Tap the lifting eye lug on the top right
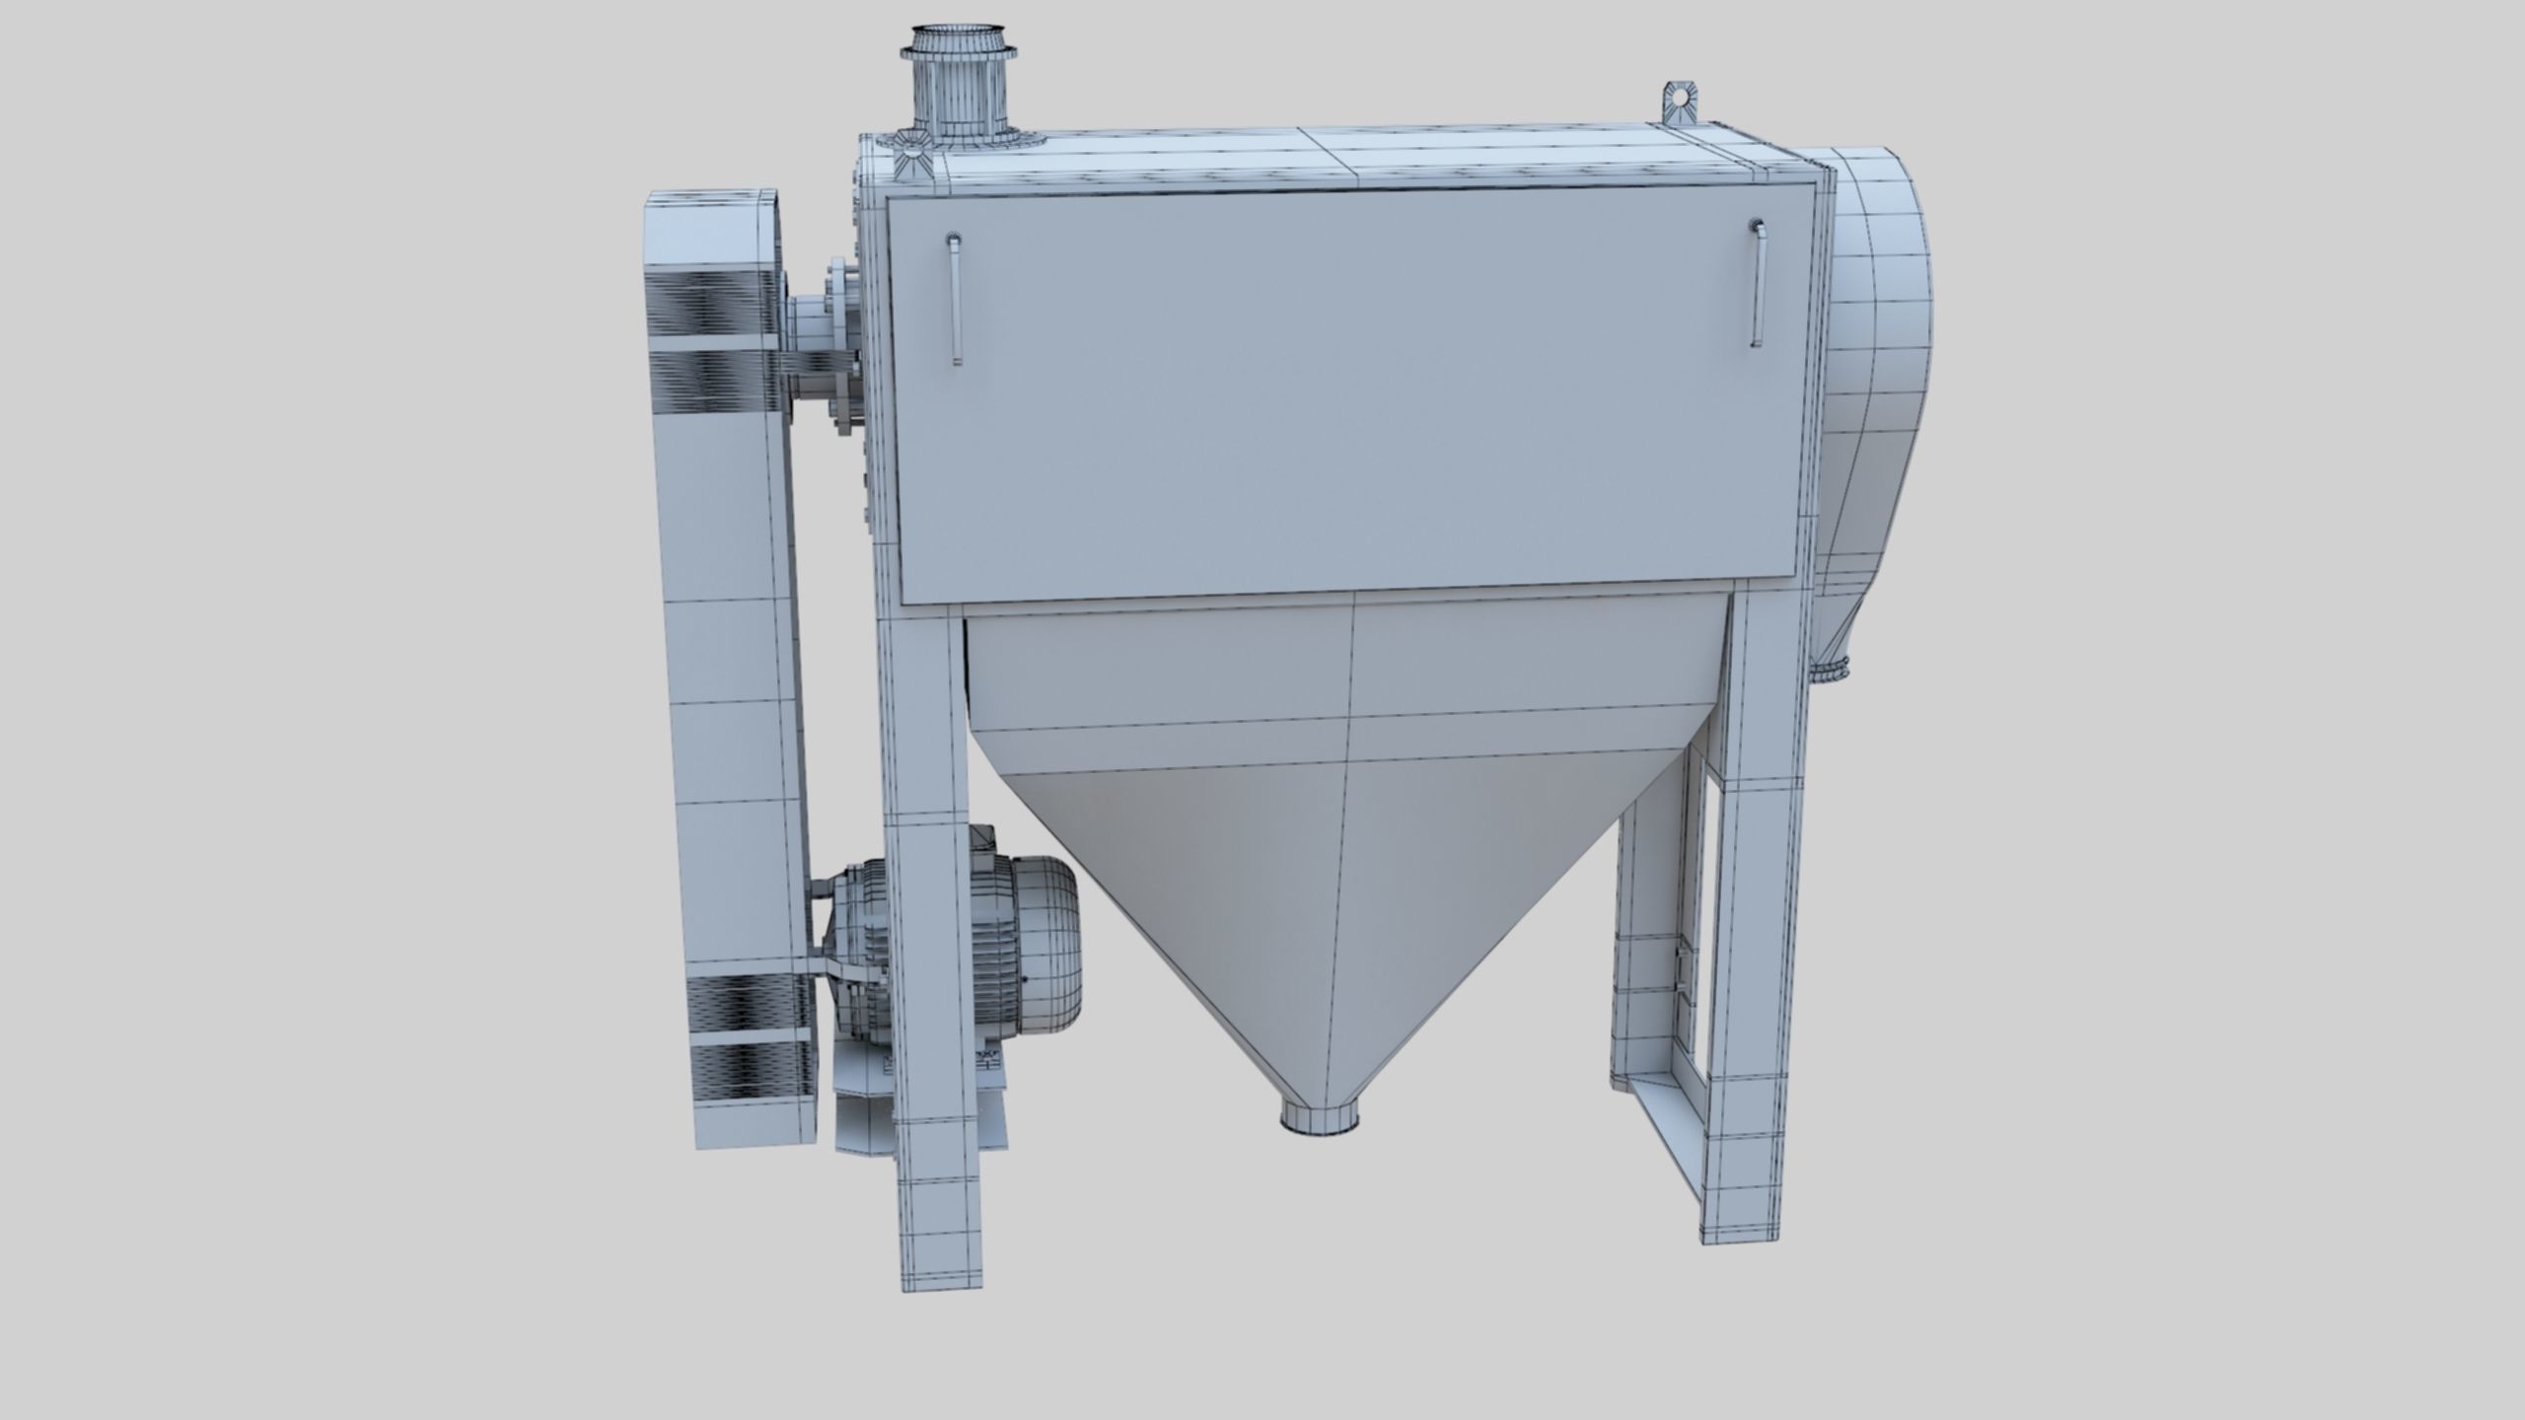click(x=1677, y=100)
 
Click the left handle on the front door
click(x=954, y=300)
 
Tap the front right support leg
click(x=1762, y=937)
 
